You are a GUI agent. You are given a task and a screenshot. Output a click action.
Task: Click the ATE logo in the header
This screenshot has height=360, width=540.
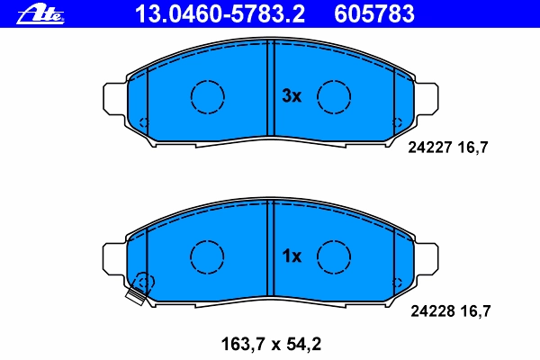(40, 14)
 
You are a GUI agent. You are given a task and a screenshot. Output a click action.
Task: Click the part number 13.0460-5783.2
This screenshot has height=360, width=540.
(220, 14)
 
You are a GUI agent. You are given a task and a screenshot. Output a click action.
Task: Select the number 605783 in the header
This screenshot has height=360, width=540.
(374, 14)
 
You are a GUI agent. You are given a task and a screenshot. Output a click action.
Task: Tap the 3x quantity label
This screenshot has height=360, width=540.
(292, 95)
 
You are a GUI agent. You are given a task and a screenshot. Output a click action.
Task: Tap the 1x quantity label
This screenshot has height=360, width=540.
(292, 256)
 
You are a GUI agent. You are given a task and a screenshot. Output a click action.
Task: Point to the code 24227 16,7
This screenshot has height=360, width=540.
(448, 148)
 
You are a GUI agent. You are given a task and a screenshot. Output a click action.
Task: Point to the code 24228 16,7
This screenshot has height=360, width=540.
(451, 311)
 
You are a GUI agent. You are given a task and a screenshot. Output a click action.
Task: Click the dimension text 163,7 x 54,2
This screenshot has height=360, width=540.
(271, 344)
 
